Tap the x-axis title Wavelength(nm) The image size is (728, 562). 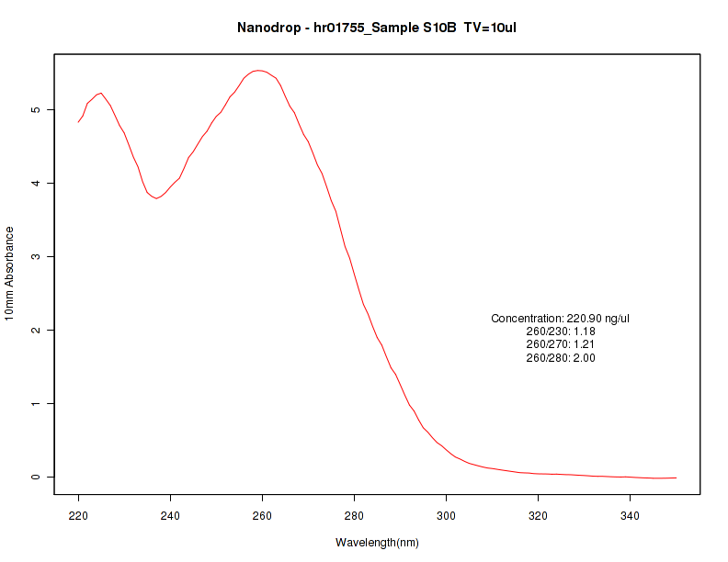377,543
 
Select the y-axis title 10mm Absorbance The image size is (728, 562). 10,274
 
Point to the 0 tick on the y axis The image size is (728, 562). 36,477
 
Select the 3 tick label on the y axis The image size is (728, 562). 36,256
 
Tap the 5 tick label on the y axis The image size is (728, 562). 36,109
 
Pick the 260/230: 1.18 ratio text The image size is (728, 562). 561,332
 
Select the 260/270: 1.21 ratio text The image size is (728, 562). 561,344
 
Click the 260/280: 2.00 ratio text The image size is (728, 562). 561,358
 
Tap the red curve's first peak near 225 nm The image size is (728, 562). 100,93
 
